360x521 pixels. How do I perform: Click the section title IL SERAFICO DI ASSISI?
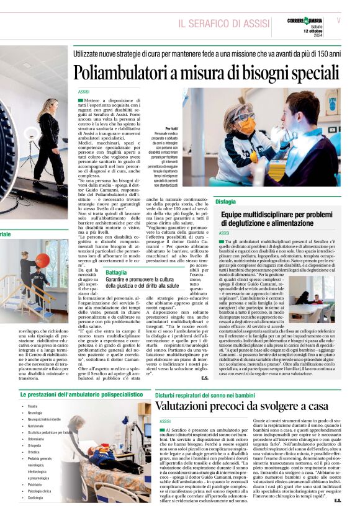[223, 24]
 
